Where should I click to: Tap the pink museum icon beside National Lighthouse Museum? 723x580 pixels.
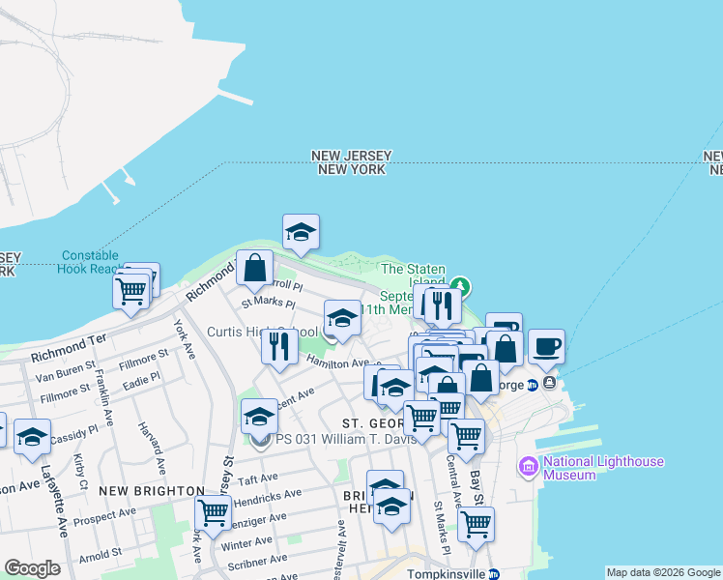click(529, 468)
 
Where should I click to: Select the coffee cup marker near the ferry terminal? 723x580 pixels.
click(546, 346)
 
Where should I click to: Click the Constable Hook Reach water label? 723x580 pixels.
click(90, 262)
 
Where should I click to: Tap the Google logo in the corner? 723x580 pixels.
click(32, 568)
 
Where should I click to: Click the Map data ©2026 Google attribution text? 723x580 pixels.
click(663, 572)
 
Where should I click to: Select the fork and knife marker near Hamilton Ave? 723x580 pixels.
click(279, 345)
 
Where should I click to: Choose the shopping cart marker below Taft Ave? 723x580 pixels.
click(213, 511)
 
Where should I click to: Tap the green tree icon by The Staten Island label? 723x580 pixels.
click(462, 286)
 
